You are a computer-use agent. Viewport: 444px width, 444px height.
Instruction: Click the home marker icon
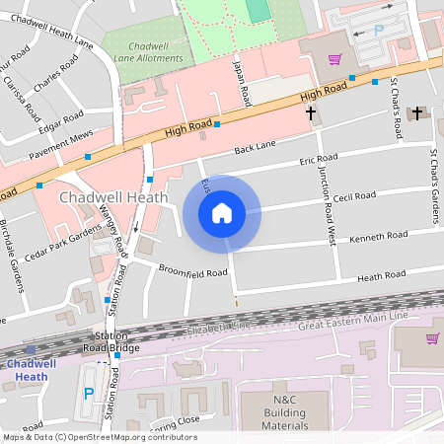[222, 213]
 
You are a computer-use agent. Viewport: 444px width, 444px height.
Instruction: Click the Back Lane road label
[255, 148]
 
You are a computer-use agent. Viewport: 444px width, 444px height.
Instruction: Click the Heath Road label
[381, 276]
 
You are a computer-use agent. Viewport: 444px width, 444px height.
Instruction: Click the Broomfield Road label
[193, 271]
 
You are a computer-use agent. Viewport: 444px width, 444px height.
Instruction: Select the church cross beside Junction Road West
[311, 113]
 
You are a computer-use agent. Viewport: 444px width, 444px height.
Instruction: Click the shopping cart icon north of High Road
[335, 58]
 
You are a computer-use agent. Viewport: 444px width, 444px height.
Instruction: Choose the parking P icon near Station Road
[89, 392]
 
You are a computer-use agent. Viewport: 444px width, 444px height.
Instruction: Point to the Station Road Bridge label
[111, 341]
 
